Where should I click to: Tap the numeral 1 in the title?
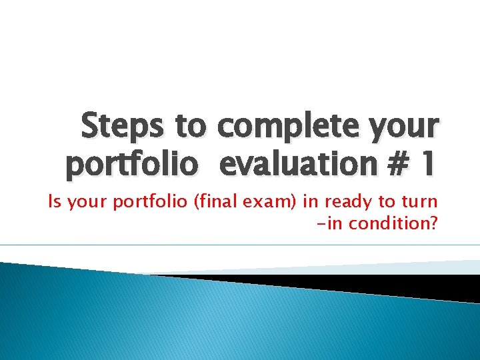(426, 164)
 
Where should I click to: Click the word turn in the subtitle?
(420, 202)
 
